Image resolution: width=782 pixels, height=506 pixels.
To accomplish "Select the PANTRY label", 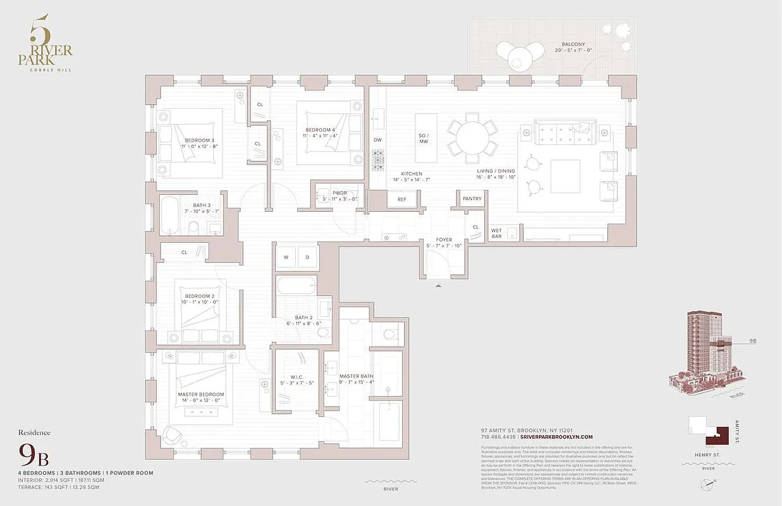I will [472, 199].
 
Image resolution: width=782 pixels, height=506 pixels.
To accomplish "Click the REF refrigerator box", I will [401, 199].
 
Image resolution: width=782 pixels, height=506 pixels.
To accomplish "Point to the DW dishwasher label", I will [377, 140].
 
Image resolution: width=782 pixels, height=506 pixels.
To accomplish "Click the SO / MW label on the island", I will [424, 139].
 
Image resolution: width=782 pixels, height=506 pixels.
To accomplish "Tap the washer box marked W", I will [286, 257].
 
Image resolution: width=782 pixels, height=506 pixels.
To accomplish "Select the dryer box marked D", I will [307, 257].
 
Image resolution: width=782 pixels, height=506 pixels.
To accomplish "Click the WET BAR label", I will [496, 233].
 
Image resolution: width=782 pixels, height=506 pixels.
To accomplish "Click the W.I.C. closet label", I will [296, 379].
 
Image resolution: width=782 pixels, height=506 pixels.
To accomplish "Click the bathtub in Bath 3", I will [170, 216].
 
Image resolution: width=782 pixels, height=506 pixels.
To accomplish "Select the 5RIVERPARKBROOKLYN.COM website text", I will [557, 437].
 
